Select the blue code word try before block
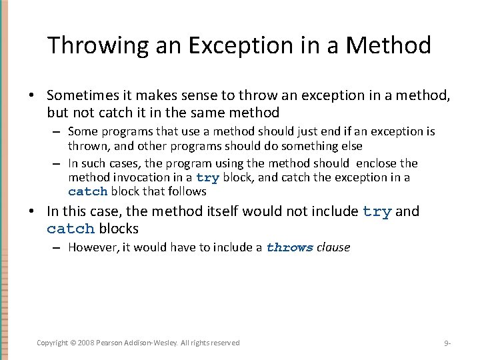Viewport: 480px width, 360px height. pos(207,178)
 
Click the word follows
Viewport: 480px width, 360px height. pos(187,191)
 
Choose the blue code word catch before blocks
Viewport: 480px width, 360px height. pos(71,229)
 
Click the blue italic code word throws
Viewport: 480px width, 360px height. pos(289,247)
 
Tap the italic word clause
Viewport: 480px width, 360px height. pos(333,247)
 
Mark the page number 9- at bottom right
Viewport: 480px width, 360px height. pos(447,343)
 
